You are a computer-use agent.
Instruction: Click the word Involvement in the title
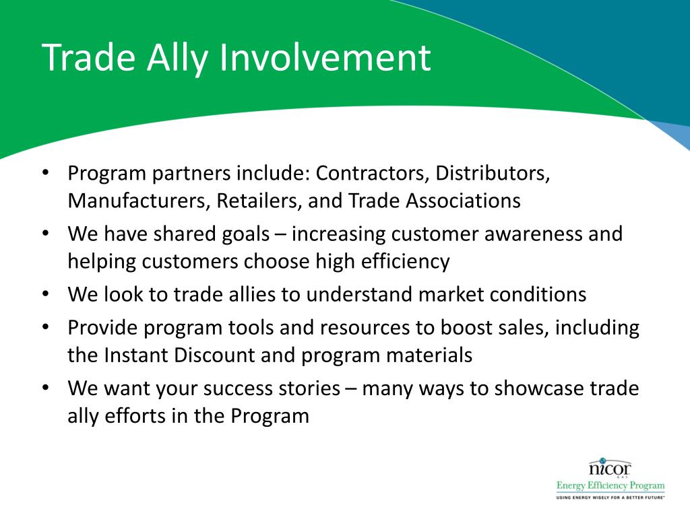point(325,57)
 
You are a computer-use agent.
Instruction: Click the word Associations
point(464,201)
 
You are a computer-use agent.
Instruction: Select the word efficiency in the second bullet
point(405,263)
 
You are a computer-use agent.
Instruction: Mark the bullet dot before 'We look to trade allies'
point(46,294)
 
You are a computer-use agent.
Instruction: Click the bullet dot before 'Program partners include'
point(46,172)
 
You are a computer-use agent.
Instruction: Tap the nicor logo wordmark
point(610,467)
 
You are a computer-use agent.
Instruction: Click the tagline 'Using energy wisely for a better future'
point(610,497)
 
